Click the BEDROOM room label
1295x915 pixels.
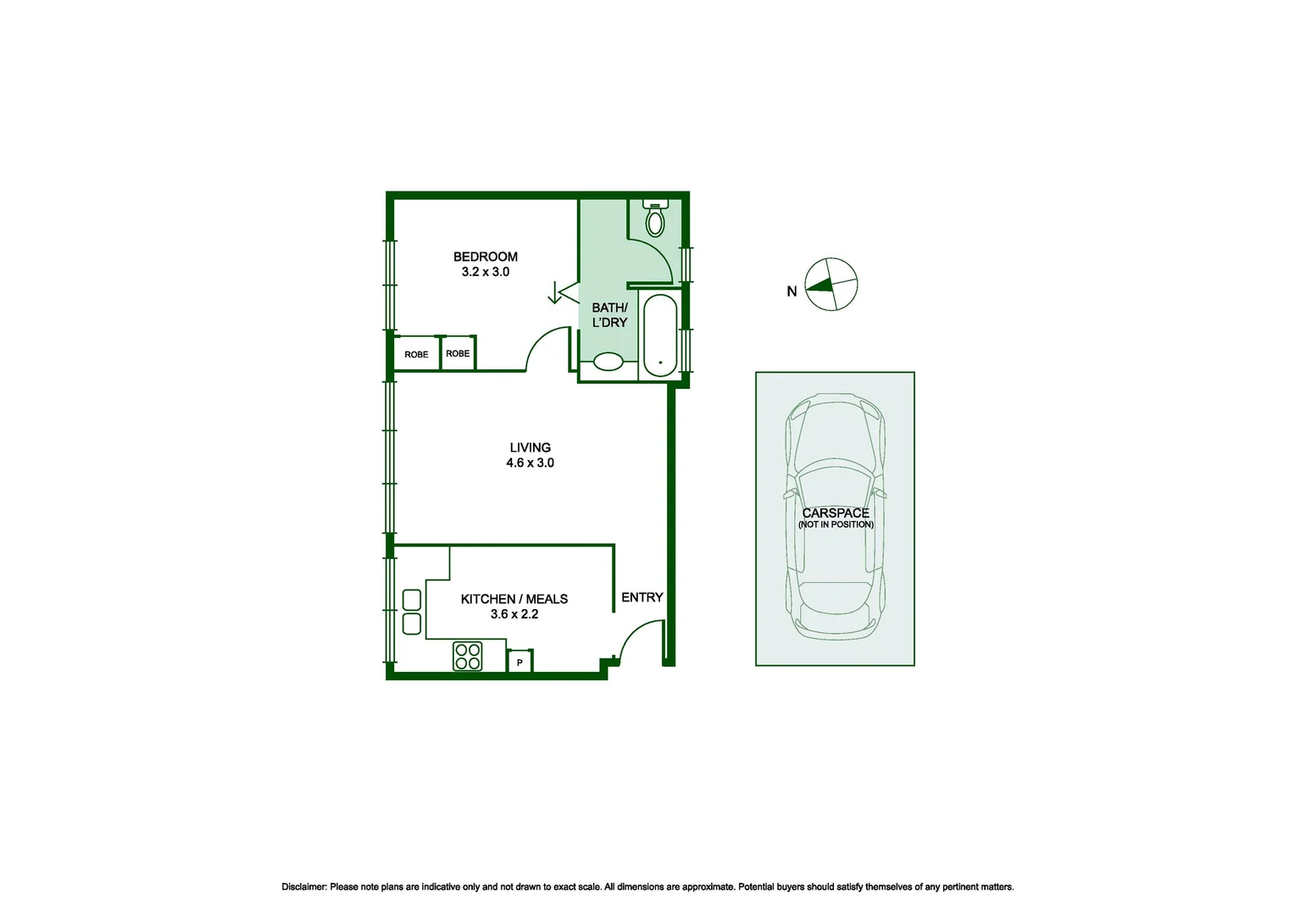coord(485,257)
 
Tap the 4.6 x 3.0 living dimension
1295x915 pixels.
coord(530,463)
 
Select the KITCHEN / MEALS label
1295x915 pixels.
coord(514,599)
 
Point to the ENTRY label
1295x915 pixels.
coord(642,597)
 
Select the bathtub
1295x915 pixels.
coord(660,335)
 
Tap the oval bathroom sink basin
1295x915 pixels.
coord(608,362)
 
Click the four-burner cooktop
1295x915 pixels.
coord(468,656)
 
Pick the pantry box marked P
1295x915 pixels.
coord(520,662)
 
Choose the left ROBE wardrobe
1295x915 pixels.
coord(416,354)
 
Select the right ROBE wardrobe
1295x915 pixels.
coord(458,353)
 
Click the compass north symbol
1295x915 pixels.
coord(831,285)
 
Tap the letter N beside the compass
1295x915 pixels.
coord(792,291)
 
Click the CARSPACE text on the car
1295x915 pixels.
coord(836,513)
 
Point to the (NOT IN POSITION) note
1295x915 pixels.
coord(836,524)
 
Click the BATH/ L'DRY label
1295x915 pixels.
coord(609,315)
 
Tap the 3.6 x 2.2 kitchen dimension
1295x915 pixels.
coord(514,614)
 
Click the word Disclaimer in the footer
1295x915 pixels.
coord(303,887)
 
